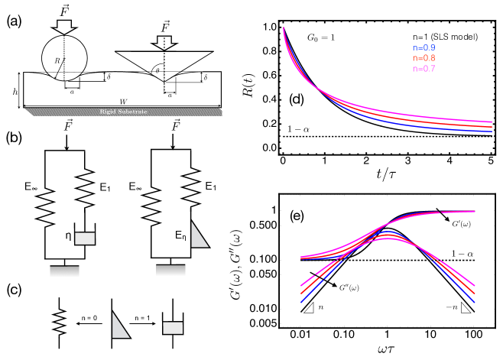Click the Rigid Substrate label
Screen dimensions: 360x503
point(123,111)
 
